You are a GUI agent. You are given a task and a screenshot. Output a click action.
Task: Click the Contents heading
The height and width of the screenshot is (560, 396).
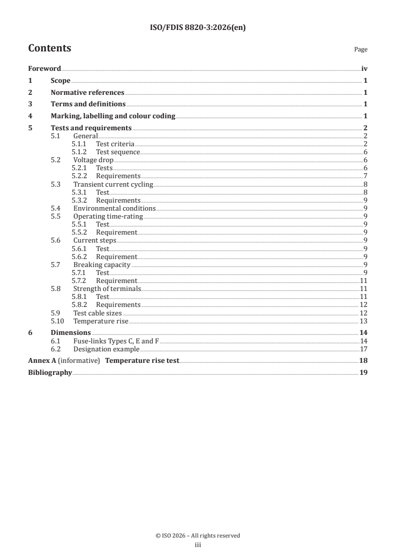49,48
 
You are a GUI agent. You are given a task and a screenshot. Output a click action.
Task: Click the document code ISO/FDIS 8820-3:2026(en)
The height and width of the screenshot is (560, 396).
198,28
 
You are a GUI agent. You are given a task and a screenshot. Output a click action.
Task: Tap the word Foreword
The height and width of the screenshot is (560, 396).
44,69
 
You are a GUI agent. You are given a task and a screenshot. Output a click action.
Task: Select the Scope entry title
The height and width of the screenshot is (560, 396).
60,80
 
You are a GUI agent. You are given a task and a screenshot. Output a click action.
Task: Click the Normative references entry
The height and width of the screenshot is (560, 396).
87,92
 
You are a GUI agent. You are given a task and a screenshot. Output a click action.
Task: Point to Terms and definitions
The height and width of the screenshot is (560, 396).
88,104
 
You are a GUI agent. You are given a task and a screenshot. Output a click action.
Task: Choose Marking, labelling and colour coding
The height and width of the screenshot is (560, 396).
113,116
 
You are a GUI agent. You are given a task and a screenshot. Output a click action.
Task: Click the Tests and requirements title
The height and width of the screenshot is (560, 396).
91,128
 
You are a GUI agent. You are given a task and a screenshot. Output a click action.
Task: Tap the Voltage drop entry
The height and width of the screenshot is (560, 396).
93,160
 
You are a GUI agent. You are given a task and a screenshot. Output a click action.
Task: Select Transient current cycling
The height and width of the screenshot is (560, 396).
113,184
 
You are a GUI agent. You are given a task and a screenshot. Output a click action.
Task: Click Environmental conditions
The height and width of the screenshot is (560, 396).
114,208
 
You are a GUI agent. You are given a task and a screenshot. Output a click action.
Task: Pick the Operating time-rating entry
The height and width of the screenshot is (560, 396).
108,216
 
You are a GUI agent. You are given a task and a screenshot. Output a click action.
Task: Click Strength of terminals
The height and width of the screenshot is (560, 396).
107,288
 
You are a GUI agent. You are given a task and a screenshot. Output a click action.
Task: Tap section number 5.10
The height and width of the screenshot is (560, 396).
58,320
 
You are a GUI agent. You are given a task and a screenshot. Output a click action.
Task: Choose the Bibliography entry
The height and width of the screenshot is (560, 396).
50,372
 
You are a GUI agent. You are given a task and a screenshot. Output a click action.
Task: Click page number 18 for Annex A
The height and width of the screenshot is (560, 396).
364,360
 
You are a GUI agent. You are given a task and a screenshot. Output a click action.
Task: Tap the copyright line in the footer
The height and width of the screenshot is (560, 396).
198,536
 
